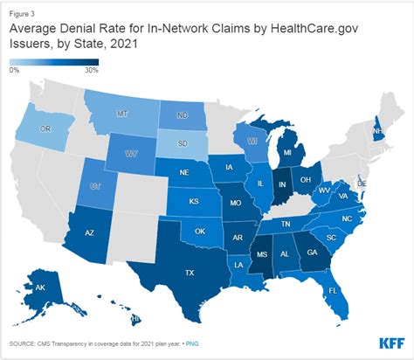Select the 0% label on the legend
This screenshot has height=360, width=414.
coord(15,69)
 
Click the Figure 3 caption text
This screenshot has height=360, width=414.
coord(24,14)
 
